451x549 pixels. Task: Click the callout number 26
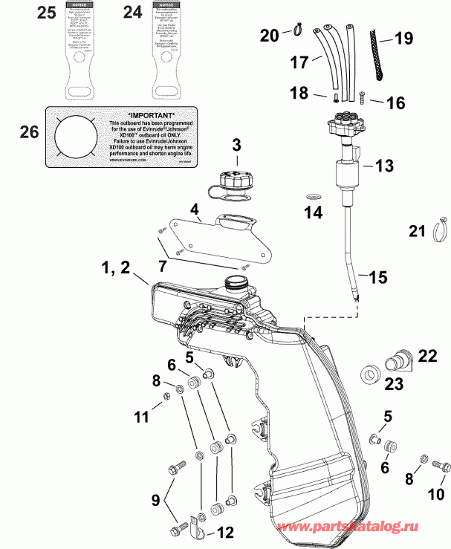click(27, 132)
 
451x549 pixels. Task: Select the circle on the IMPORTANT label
click(74, 141)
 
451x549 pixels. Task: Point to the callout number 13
click(384, 167)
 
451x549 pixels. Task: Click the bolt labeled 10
click(441, 467)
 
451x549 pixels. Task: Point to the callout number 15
click(377, 278)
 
